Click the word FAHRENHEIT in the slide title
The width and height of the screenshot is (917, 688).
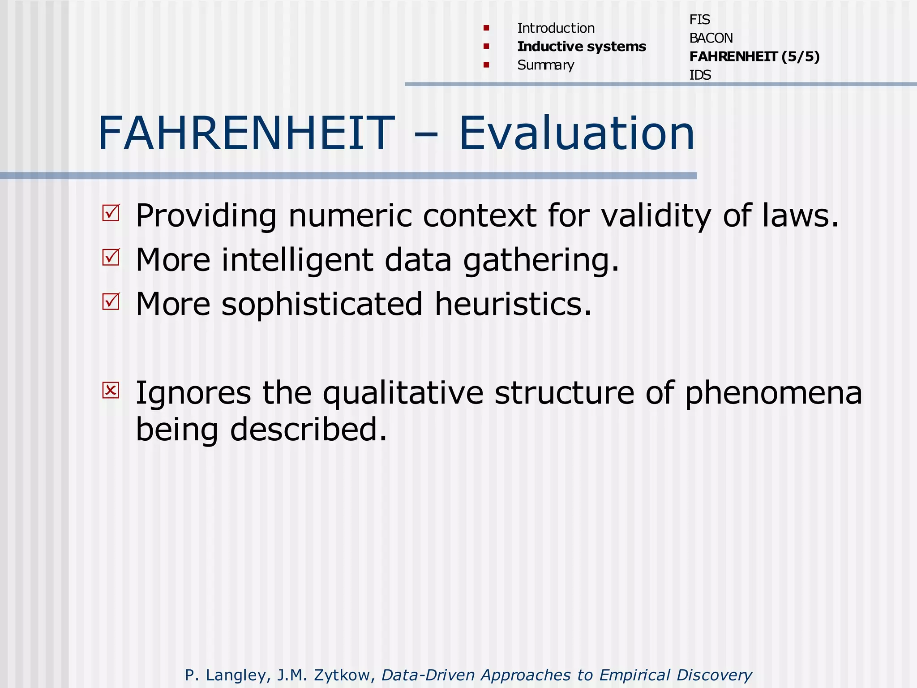click(246, 133)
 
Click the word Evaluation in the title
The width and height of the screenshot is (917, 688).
click(577, 133)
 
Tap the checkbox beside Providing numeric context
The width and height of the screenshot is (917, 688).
click(111, 213)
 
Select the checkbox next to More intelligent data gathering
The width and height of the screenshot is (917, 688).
click(111, 257)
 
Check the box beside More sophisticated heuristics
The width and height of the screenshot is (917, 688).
click(111, 301)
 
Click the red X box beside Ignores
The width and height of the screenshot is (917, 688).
click(111, 390)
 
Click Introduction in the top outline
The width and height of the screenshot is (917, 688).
click(556, 28)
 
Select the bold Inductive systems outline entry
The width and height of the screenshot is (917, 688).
click(581, 47)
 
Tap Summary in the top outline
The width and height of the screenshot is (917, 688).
click(545, 65)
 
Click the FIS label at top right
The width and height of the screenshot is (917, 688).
click(699, 20)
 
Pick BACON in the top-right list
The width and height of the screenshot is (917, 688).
click(711, 38)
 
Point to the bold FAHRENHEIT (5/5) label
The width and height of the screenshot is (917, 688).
click(754, 56)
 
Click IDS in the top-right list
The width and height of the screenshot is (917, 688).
click(700, 75)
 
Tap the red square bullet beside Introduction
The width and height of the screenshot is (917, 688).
click(486, 28)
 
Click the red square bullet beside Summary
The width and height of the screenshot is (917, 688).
click(486, 65)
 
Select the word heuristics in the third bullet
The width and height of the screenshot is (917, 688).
click(513, 304)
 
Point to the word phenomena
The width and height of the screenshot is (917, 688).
click(773, 393)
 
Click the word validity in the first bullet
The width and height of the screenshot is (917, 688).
click(656, 216)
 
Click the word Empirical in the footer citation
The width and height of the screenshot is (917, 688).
click(634, 675)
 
